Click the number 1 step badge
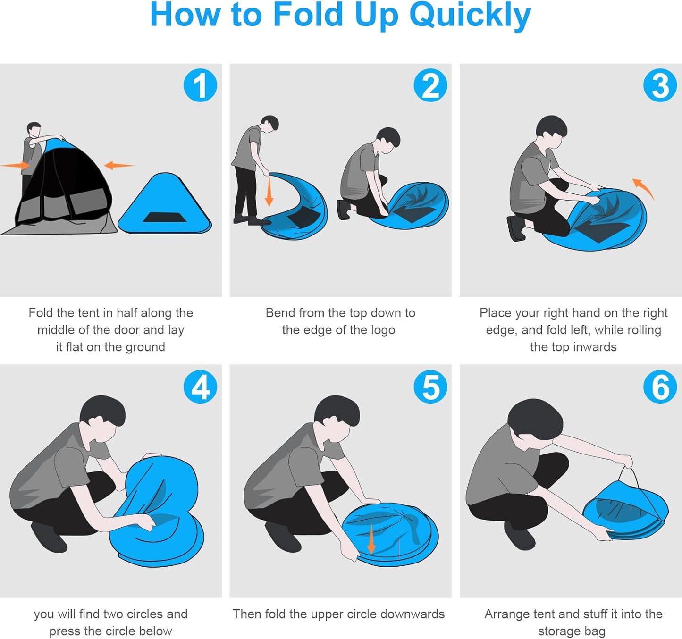[x=200, y=85]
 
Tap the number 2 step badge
[x=430, y=85]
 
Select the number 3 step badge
[x=660, y=85]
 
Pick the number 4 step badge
[x=200, y=387]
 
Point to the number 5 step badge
[x=430, y=387]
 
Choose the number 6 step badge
[x=660, y=387]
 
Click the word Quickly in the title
[x=471, y=16]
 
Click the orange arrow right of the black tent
[x=119, y=166]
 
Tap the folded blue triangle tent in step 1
[x=165, y=203]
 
